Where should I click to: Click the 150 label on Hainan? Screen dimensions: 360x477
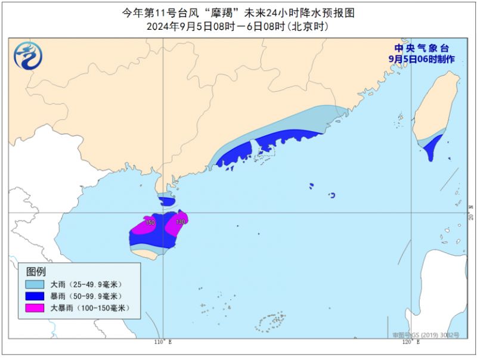click(150, 222)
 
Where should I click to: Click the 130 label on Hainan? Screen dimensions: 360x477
click(181, 222)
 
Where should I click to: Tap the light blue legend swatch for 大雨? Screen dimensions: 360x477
click(34, 284)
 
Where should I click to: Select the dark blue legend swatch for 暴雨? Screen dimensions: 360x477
click(34, 296)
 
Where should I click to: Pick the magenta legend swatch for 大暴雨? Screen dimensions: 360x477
click(34, 308)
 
